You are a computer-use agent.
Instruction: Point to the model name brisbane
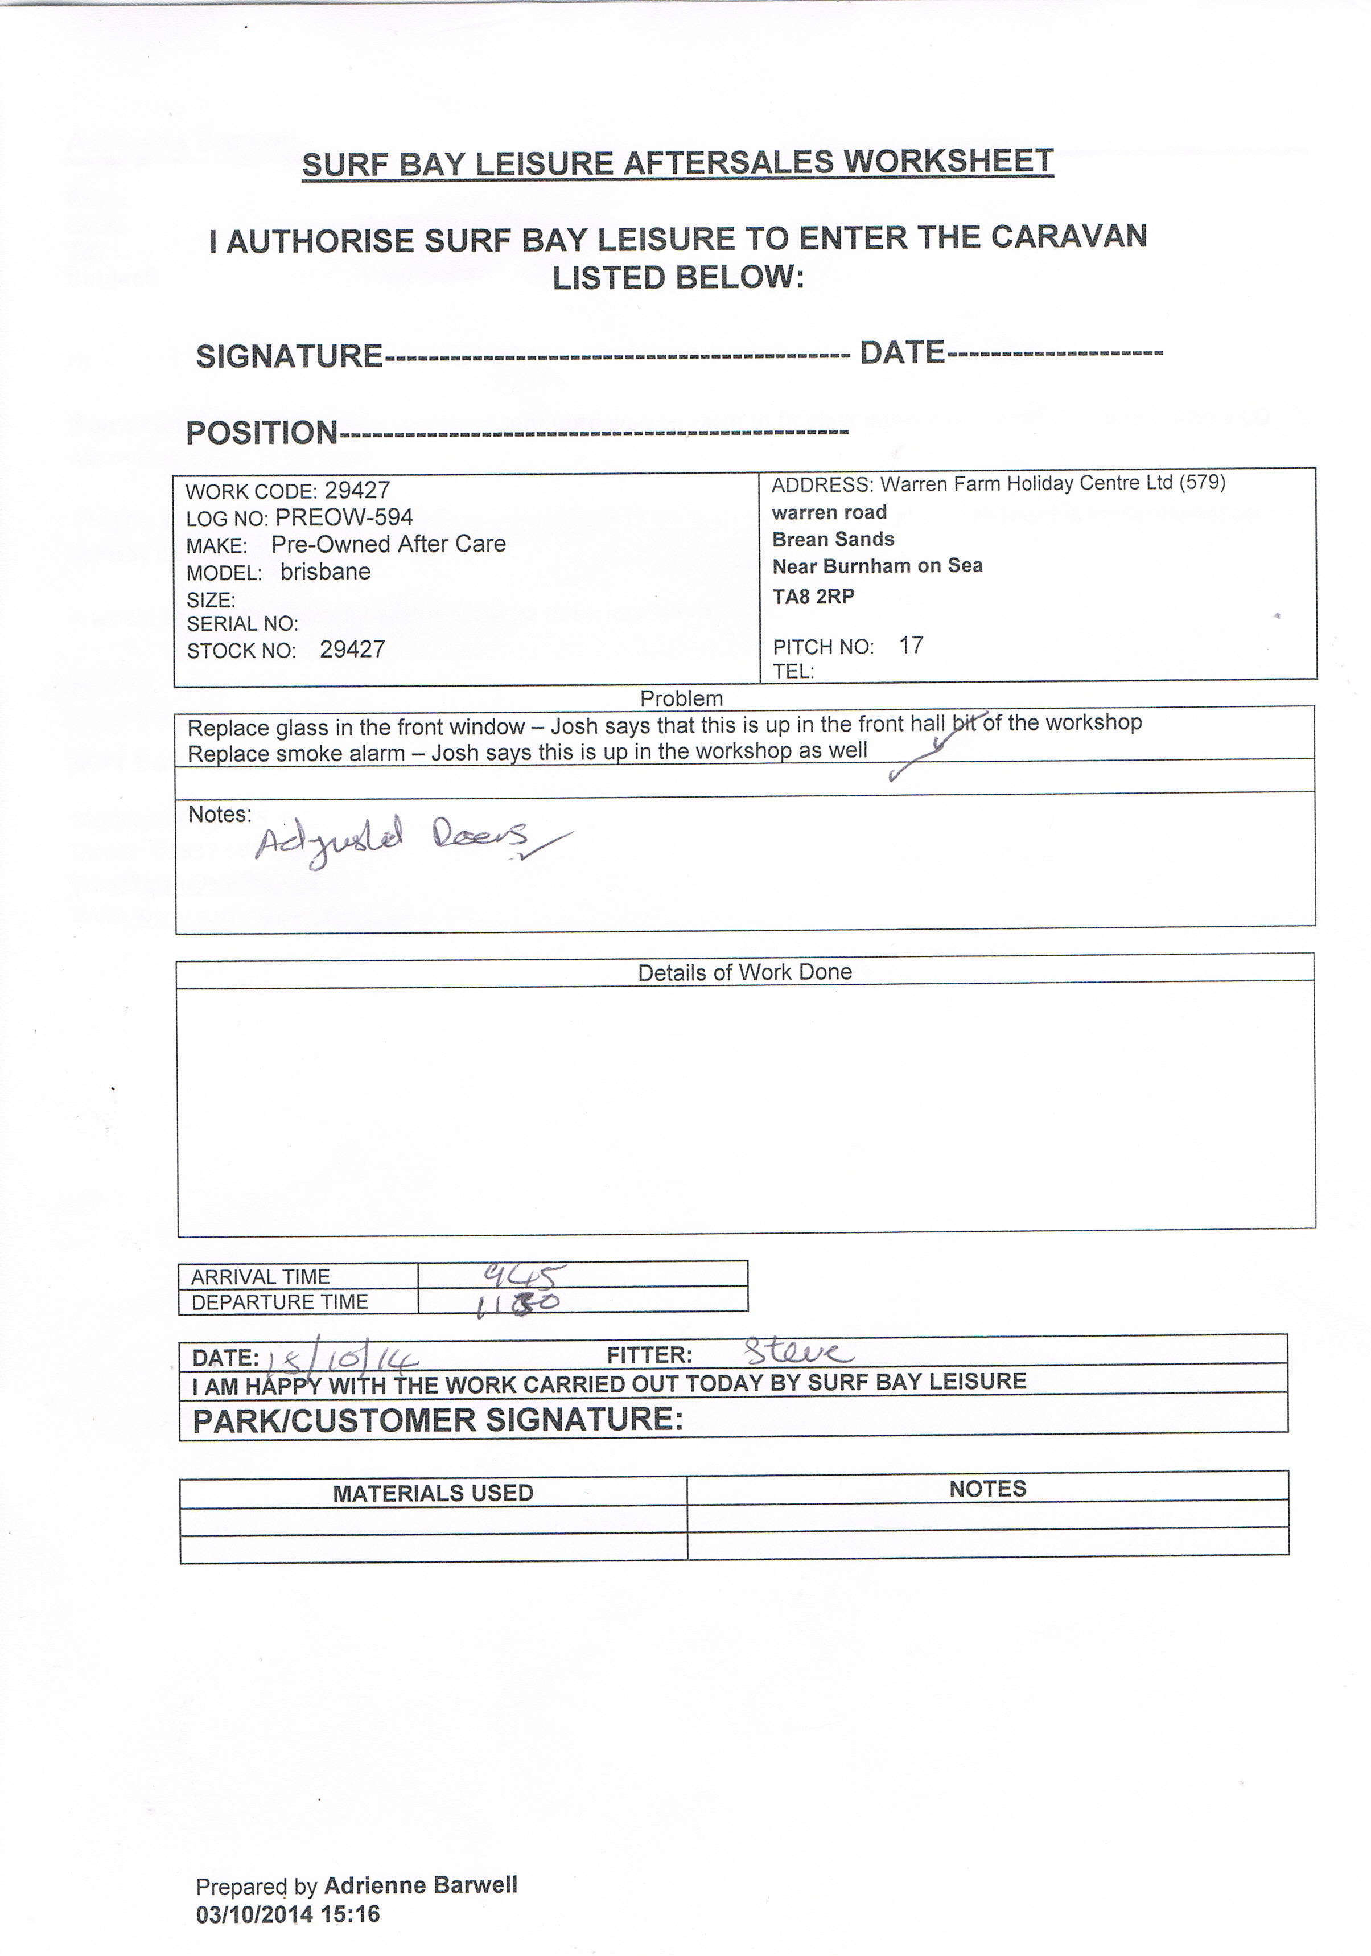pyautogui.click(x=326, y=572)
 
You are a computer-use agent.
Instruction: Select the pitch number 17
pyautogui.click(x=911, y=645)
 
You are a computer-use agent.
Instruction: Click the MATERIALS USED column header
pyautogui.click(x=433, y=1493)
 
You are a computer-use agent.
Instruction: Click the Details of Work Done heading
pyautogui.click(x=744, y=972)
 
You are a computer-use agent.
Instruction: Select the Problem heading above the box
pyautogui.click(x=681, y=698)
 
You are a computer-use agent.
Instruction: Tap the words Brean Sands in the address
pyautogui.click(x=833, y=539)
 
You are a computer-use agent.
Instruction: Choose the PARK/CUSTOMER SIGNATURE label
pyautogui.click(x=438, y=1420)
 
